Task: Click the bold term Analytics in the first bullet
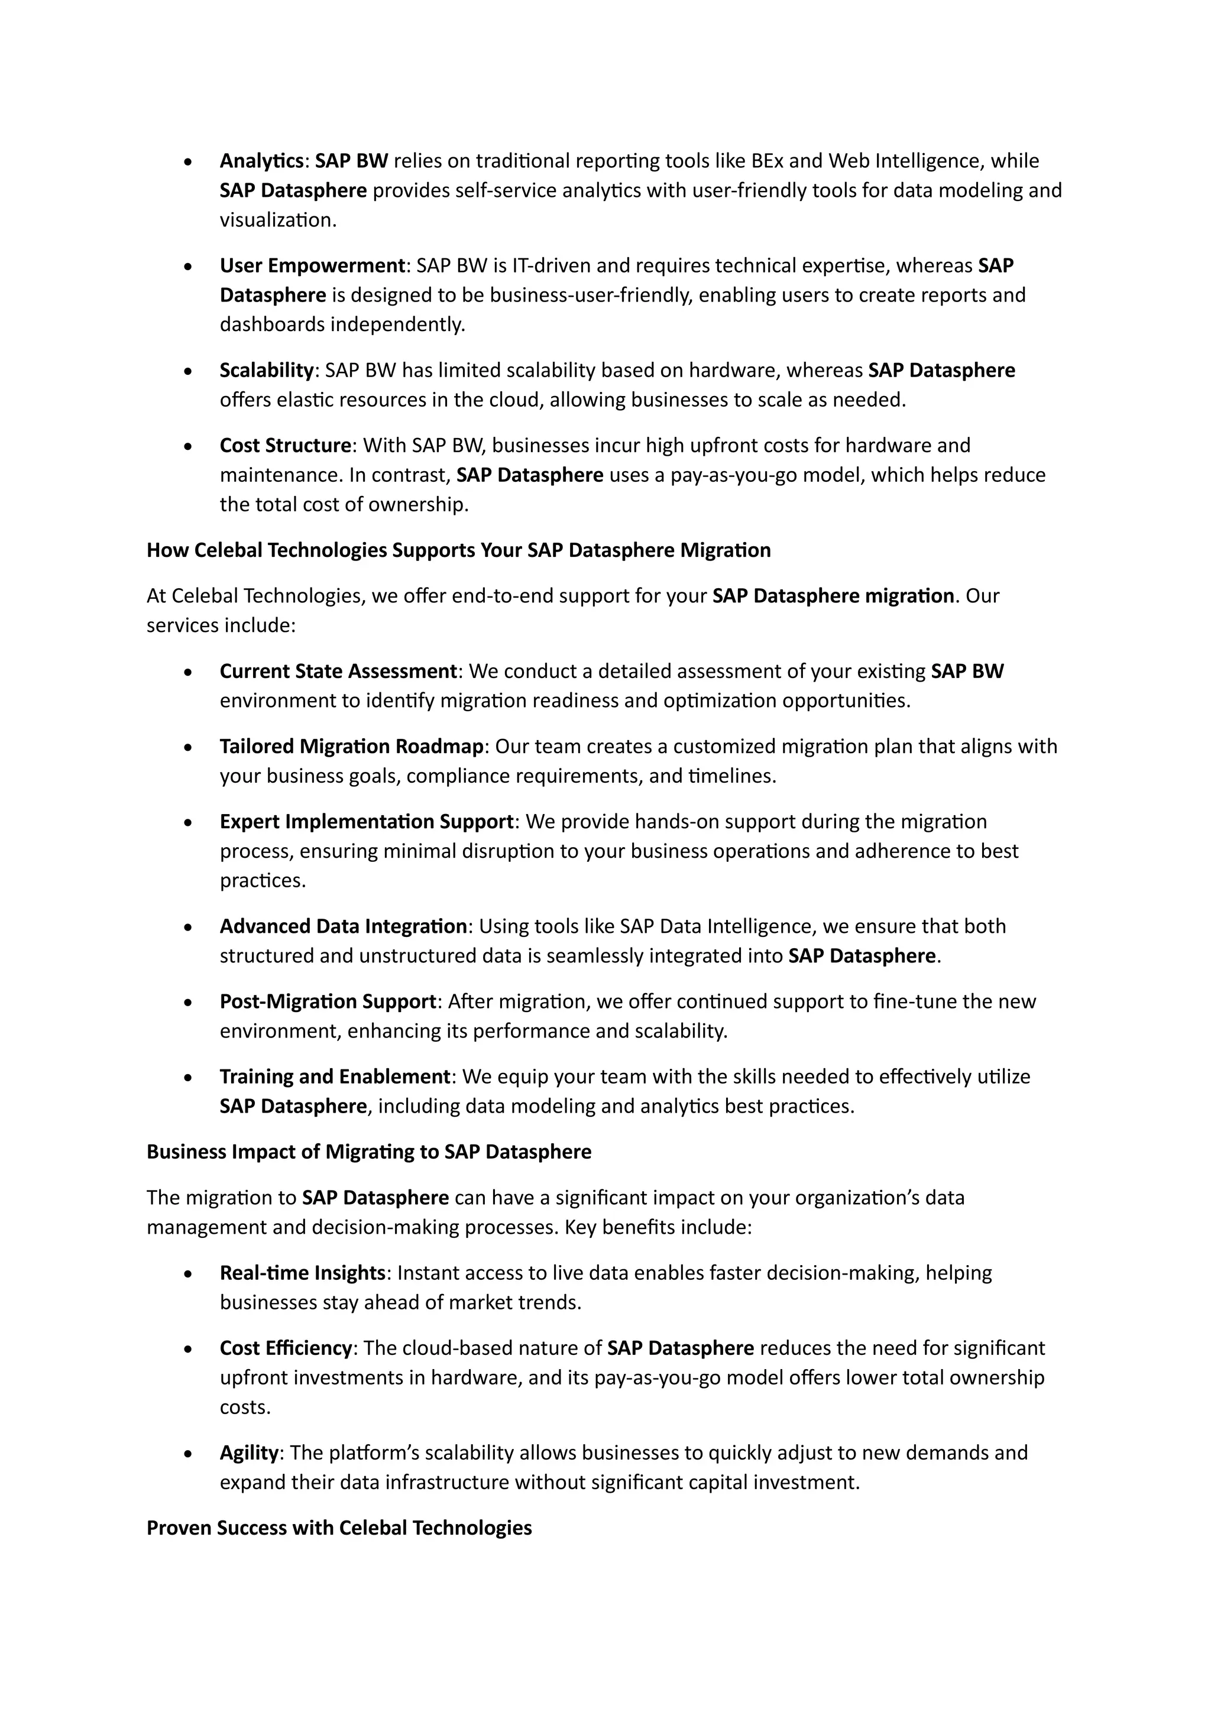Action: point(261,161)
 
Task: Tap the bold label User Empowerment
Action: point(312,265)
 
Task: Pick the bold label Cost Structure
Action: point(285,446)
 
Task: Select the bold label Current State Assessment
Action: point(338,672)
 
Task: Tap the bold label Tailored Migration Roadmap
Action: point(352,747)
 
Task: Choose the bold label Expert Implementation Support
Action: point(366,822)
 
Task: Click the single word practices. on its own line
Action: point(263,881)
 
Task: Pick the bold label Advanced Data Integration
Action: point(343,927)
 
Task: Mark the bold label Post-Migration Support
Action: point(328,1001)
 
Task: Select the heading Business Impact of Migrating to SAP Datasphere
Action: point(368,1152)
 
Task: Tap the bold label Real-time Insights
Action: point(302,1273)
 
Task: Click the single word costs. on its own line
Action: point(245,1407)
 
